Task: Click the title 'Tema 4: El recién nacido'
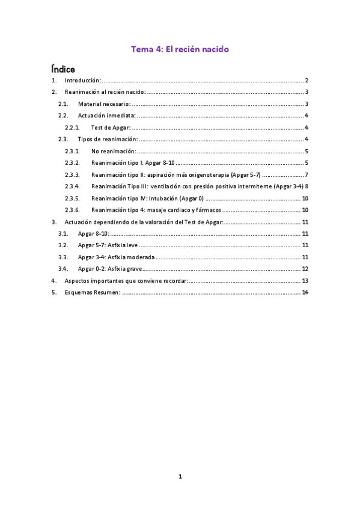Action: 180,49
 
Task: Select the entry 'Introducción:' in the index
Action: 82,81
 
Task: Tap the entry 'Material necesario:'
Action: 104,104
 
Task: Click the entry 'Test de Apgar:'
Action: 111,127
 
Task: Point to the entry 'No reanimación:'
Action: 113,151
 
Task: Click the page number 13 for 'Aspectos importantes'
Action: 305,281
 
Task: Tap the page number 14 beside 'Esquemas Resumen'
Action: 305,292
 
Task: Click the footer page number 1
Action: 180,477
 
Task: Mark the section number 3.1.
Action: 63,233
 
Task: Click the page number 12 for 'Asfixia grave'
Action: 305,269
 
